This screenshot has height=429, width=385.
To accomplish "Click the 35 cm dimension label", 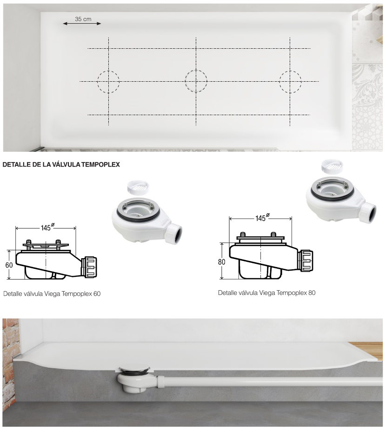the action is pos(83,19).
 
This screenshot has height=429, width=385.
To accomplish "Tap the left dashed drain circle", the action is pos(98,82).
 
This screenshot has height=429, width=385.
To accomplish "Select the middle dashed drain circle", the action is pos(185,81).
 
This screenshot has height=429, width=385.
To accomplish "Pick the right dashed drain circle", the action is pos(279,82).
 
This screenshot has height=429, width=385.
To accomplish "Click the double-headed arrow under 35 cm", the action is pos(82,24).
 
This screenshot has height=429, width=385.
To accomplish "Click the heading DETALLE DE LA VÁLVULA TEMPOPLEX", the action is pos(61,164).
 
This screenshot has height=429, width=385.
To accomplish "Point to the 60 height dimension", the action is pos(9,265).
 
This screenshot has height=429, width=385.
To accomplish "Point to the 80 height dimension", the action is pos(222,262).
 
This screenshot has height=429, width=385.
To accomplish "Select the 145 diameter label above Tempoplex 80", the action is pos(262,217).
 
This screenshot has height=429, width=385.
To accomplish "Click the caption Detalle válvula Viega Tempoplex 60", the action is pos(52,293).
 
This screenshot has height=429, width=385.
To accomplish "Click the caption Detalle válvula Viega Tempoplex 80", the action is pos(266,293).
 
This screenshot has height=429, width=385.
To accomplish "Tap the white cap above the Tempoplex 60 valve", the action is pos(139,188).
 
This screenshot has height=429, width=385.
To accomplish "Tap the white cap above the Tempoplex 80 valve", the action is pos(332,167).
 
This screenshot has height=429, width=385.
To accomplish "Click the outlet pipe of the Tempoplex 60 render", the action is pos(174,234).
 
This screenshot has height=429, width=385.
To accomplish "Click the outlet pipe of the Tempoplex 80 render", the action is pos(368,212).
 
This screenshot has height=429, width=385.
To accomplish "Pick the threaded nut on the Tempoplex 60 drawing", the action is pos(90,267).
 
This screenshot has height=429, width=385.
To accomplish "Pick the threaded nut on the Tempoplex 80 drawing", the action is pos(305,261).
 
